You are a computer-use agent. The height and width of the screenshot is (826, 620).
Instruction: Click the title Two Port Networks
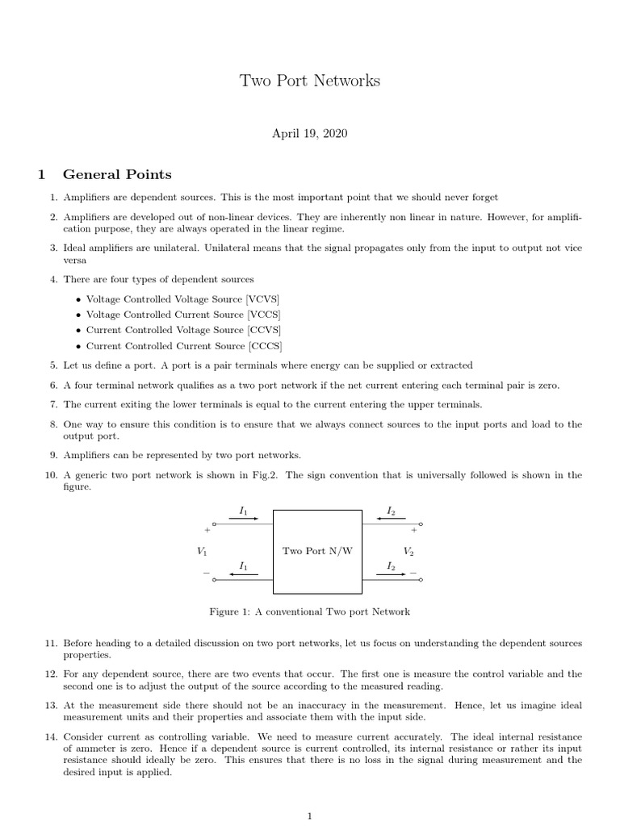[310, 81]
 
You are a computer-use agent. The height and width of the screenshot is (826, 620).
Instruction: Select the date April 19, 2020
[310, 133]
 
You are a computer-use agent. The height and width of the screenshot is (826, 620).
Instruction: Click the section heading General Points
[117, 174]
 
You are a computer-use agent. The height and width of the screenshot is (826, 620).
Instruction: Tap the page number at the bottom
[310, 816]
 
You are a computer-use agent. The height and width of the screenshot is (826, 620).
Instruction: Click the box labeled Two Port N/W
[317, 551]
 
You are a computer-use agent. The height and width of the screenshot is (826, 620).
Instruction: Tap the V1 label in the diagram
[202, 552]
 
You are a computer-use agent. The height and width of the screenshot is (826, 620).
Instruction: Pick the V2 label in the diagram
[408, 552]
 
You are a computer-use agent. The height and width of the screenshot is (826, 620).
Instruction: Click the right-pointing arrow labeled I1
[244, 519]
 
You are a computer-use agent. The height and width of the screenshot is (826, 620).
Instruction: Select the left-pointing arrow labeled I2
[391, 519]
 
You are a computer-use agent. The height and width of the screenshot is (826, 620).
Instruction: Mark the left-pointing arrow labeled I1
[244, 574]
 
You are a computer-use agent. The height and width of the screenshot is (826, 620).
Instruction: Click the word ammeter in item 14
[97, 749]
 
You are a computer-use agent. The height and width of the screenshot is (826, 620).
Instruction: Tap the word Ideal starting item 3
[76, 248]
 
